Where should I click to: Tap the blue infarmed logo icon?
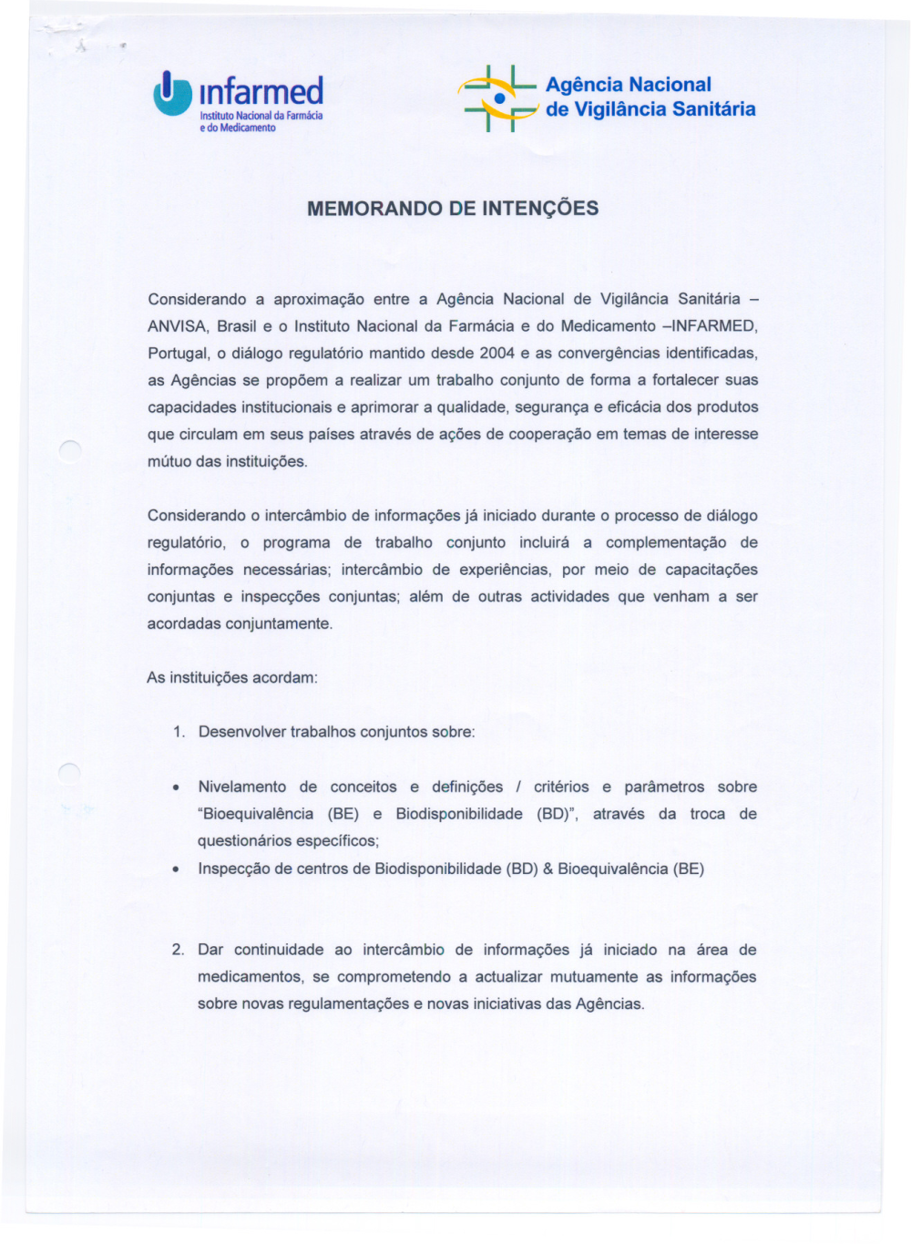172,95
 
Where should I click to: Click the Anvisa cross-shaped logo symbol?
498,98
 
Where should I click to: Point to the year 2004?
497,354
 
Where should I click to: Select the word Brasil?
237,326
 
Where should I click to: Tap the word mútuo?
169,462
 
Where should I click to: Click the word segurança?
552,407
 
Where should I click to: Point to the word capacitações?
711,570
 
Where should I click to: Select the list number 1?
179,732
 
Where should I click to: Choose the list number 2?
178,950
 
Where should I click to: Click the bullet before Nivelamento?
175,787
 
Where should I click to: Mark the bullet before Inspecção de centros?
175,869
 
